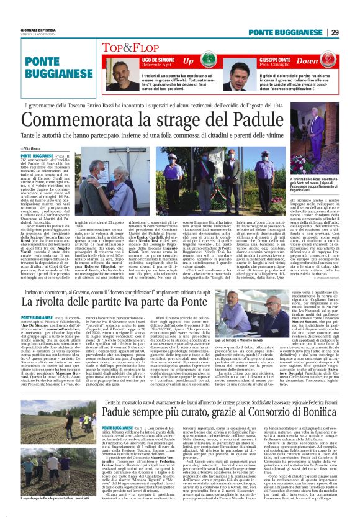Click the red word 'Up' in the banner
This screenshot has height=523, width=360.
click(187, 61)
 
